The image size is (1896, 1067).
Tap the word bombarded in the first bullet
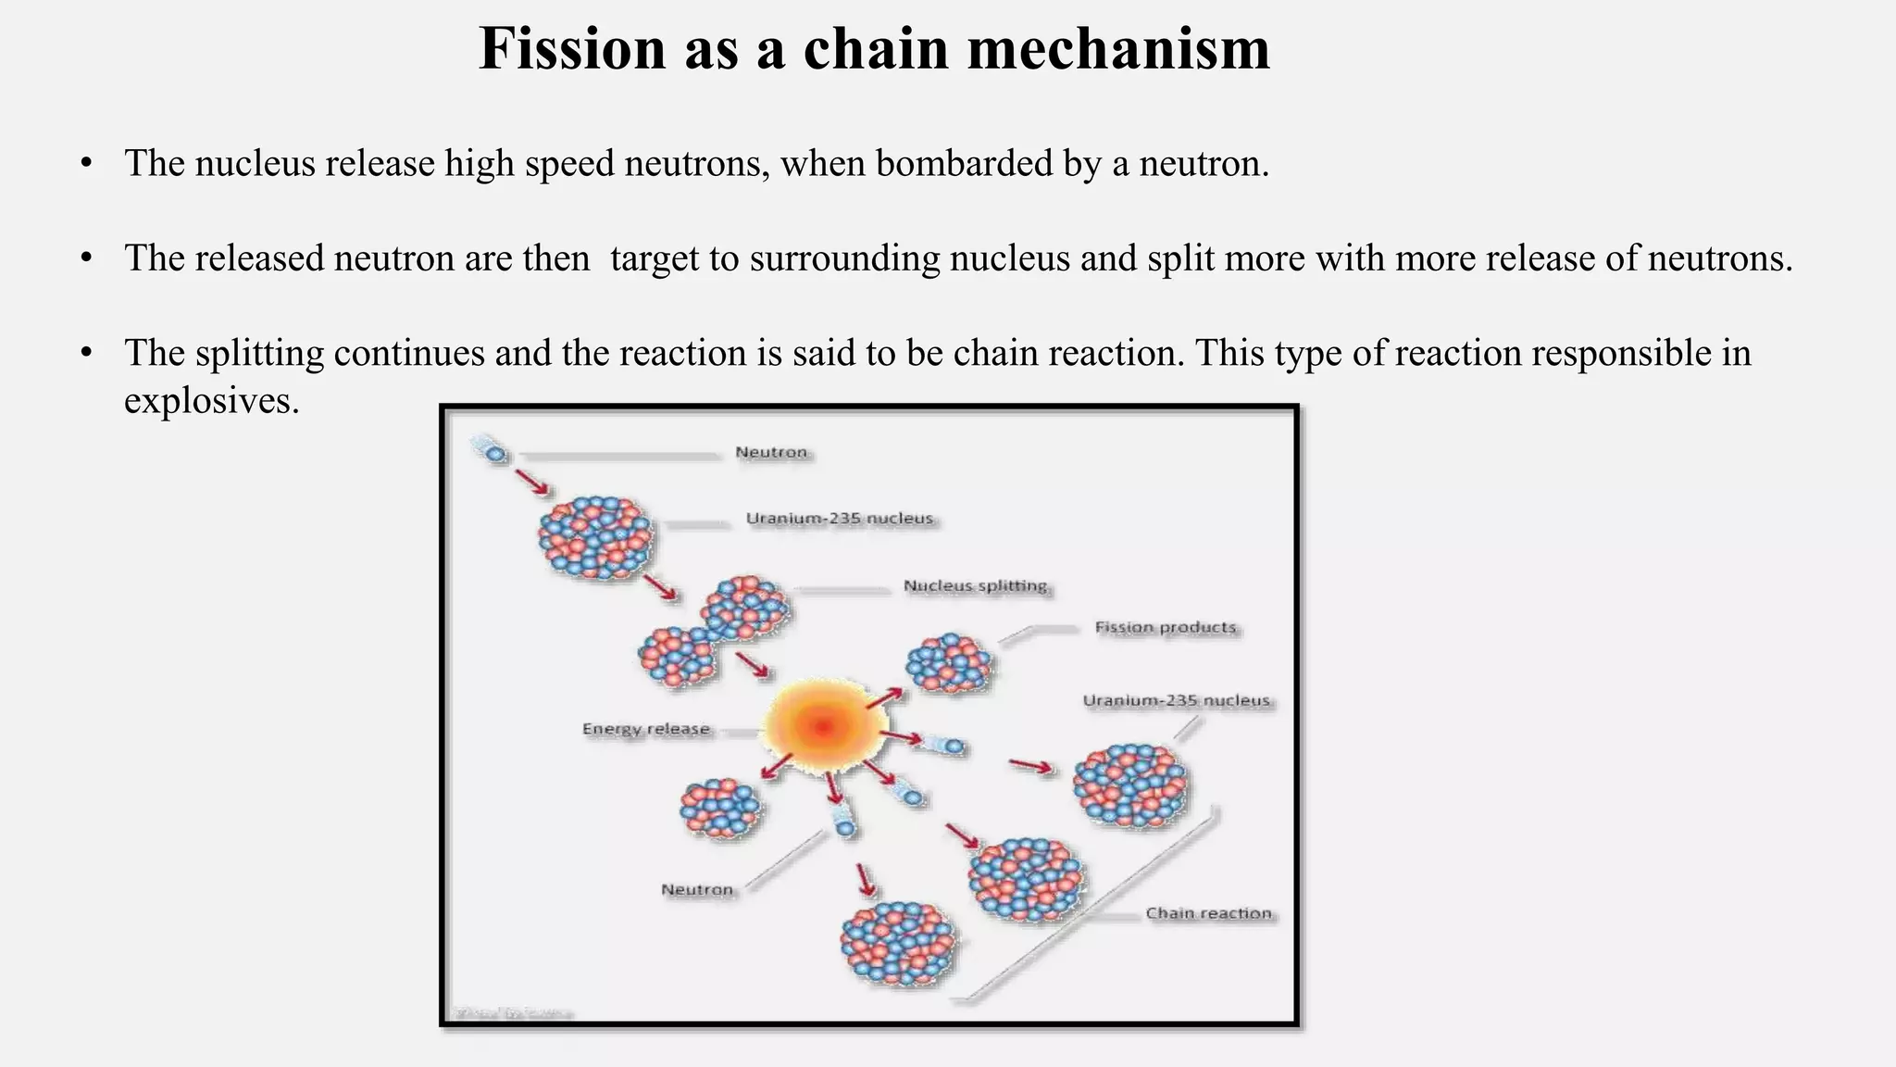click(x=963, y=164)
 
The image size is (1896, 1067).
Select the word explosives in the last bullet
click(x=211, y=401)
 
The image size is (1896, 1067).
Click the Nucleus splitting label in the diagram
click(x=975, y=586)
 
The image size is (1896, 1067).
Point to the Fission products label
click(x=1165, y=628)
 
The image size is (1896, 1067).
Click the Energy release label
click(x=645, y=729)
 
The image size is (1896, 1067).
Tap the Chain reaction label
click(x=1208, y=913)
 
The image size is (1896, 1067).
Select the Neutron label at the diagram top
click(x=771, y=453)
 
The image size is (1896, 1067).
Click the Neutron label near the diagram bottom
click(x=696, y=890)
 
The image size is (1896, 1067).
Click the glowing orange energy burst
click(x=822, y=726)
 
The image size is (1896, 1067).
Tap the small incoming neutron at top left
click(x=495, y=454)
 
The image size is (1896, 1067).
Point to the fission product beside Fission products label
click(x=949, y=663)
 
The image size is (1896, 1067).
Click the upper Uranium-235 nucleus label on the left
click(x=839, y=519)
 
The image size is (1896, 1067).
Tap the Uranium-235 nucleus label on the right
click(x=1176, y=701)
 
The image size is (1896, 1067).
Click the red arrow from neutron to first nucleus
click(x=531, y=482)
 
